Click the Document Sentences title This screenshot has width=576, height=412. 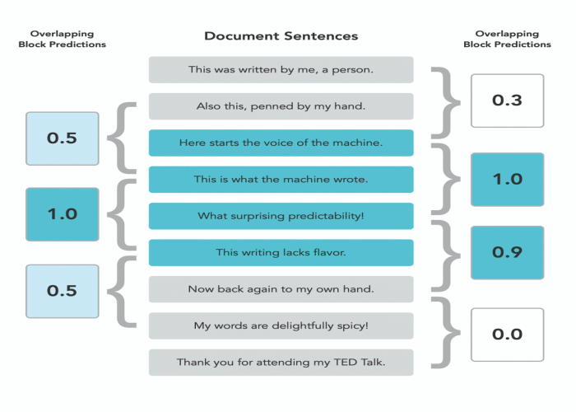pyautogui.click(x=281, y=36)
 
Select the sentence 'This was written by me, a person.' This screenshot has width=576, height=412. pyautogui.click(x=281, y=70)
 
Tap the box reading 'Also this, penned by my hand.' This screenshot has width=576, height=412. pyautogui.click(x=281, y=106)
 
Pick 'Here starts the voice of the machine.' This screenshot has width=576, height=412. pyautogui.click(x=281, y=143)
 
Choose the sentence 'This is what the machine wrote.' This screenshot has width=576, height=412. pyautogui.click(x=281, y=179)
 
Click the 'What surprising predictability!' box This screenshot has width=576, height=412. pyautogui.click(x=281, y=216)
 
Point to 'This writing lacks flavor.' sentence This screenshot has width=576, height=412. pyautogui.click(x=281, y=252)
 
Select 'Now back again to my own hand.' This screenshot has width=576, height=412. pyautogui.click(x=281, y=289)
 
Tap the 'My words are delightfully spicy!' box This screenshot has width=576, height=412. pyautogui.click(x=281, y=325)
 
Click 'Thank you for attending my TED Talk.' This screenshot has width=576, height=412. pyautogui.click(x=281, y=362)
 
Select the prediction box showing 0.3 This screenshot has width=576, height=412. pyautogui.click(x=507, y=101)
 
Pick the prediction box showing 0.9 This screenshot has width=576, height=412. pyautogui.click(x=507, y=252)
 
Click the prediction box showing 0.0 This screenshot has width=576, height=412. pyautogui.click(x=507, y=335)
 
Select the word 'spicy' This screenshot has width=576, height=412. pyautogui.click(x=351, y=326)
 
